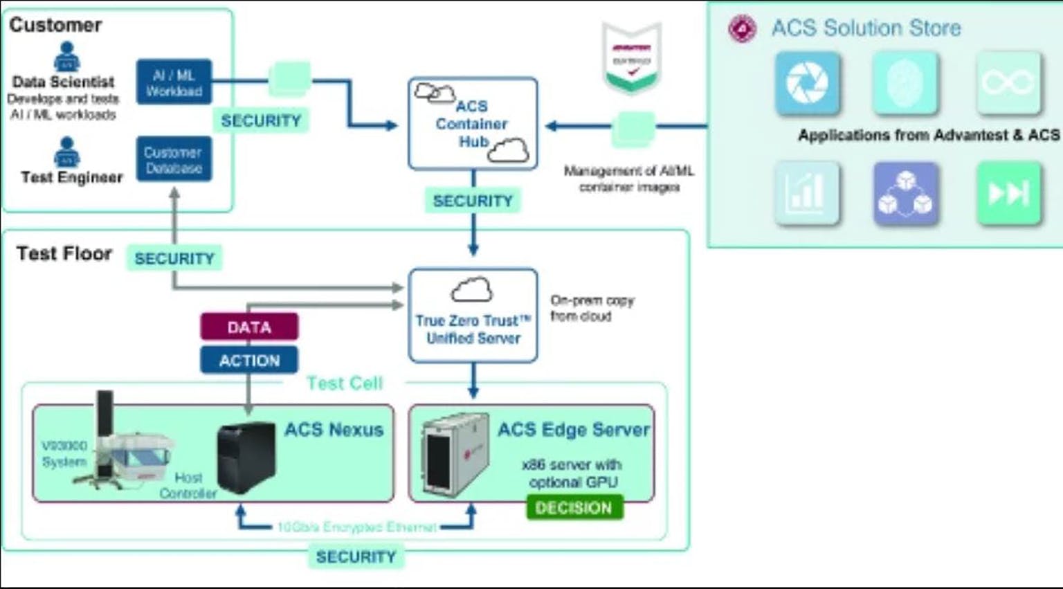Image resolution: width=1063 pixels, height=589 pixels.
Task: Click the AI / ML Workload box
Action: (174, 82)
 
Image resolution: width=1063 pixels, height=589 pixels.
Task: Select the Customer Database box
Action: (174, 159)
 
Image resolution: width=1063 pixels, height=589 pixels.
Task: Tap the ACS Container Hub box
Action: (473, 124)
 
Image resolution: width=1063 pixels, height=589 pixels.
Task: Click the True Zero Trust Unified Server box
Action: (473, 316)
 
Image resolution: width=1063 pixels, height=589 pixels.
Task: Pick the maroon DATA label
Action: (249, 327)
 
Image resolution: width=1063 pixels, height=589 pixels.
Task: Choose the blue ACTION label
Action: (249, 360)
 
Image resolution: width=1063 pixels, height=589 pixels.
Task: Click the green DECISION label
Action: (574, 507)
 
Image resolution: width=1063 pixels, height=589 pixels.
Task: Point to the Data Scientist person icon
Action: (66, 57)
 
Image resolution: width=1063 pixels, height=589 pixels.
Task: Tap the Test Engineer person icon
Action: (66, 152)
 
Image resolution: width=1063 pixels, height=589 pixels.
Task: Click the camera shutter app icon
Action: (807, 83)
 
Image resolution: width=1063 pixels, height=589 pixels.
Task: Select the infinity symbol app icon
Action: (1008, 83)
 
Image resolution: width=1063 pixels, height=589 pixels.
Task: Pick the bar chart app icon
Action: (807, 193)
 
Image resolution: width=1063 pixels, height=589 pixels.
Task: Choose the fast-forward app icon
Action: (1008, 193)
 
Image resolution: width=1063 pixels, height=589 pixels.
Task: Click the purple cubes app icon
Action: (905, 193)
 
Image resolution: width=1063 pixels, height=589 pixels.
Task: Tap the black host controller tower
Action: (246, 456)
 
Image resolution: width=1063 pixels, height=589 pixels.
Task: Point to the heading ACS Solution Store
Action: (866, 28)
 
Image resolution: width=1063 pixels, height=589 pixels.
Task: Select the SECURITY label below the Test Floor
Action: (356, 556)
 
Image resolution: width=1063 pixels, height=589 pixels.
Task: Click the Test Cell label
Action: (345, 383)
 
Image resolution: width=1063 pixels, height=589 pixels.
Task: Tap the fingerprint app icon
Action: (905, 83)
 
